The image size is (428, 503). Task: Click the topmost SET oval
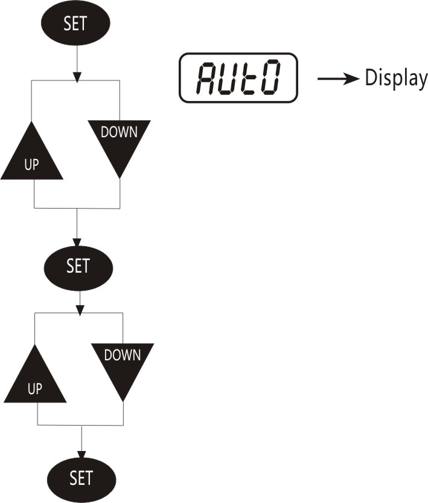point(75,23)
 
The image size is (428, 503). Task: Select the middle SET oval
point(78,268)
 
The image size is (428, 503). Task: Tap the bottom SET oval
point(81,480)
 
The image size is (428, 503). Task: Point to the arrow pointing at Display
point(338,79)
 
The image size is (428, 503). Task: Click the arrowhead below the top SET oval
point(77,77)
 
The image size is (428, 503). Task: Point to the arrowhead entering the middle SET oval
point(77,242)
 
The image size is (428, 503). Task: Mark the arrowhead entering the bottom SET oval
point(81,455)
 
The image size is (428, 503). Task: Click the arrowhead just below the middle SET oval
point(80,310)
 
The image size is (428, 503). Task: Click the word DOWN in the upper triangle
point(119,132)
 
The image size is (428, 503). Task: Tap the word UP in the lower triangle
point(35,389)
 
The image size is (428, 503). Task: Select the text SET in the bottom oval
point(81,478)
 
